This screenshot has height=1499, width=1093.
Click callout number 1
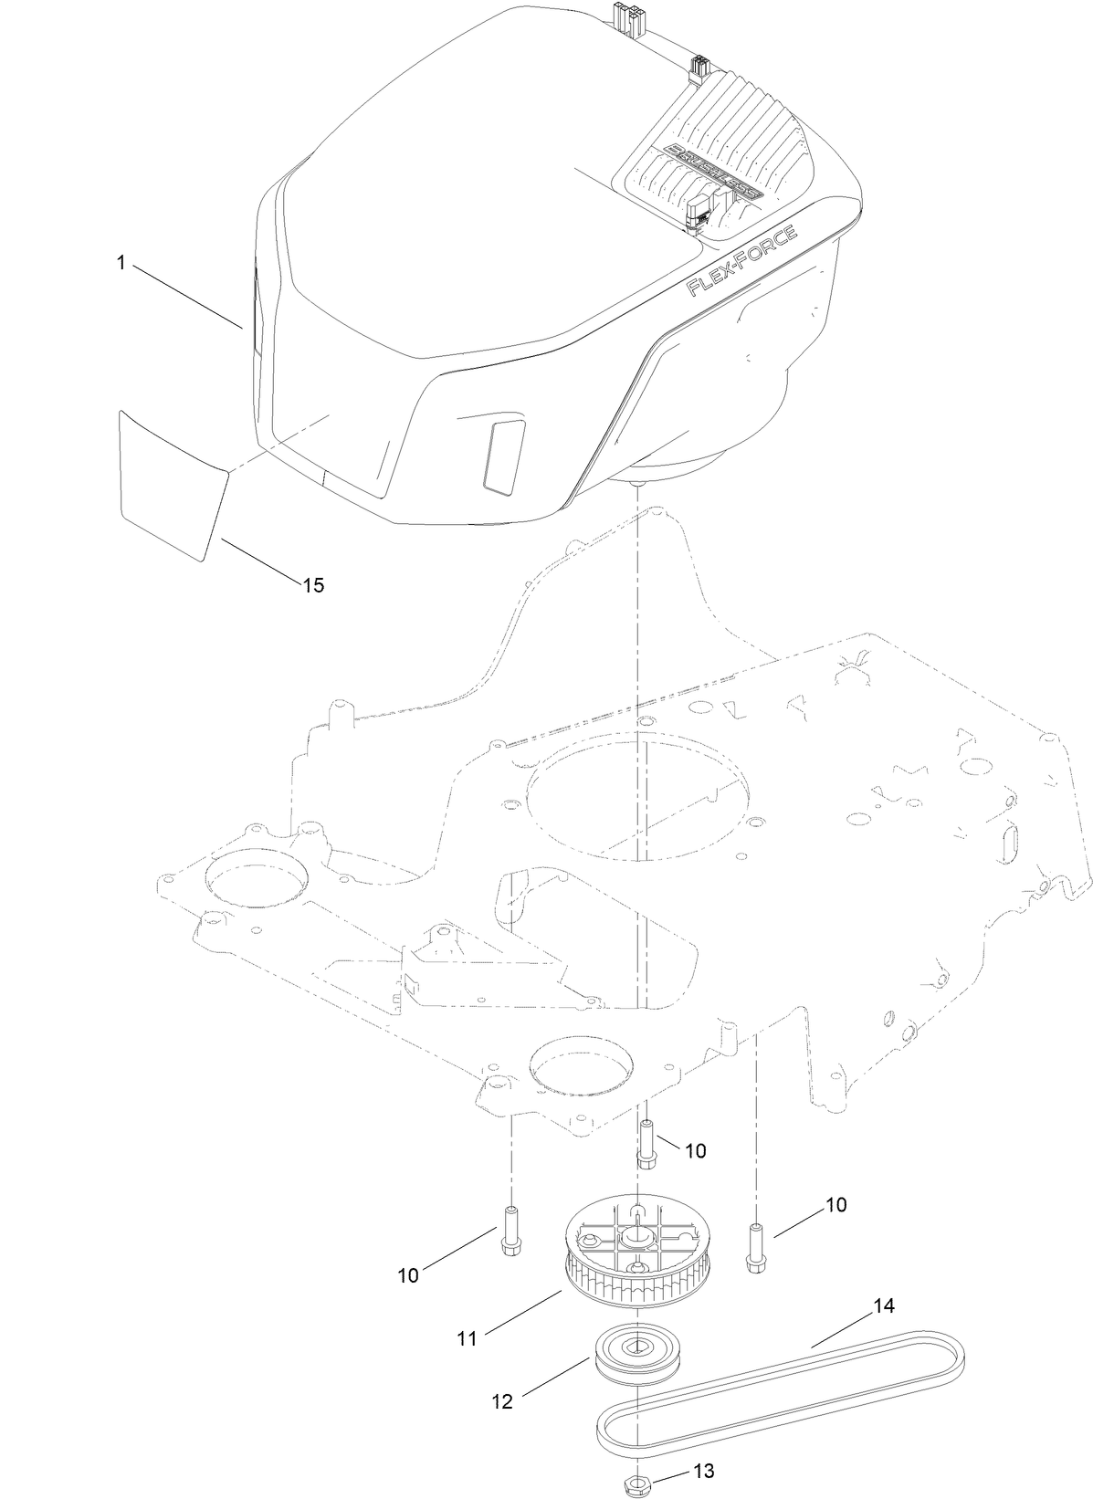coord(121,263)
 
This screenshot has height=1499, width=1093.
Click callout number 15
coord(312,585)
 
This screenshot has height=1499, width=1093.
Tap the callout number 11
coord(467,1339)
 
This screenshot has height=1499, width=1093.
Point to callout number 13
coord(703,1472)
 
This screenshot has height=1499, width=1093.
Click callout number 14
coord(882,1306)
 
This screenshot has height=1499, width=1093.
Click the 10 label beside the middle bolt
coord(695,1151)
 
